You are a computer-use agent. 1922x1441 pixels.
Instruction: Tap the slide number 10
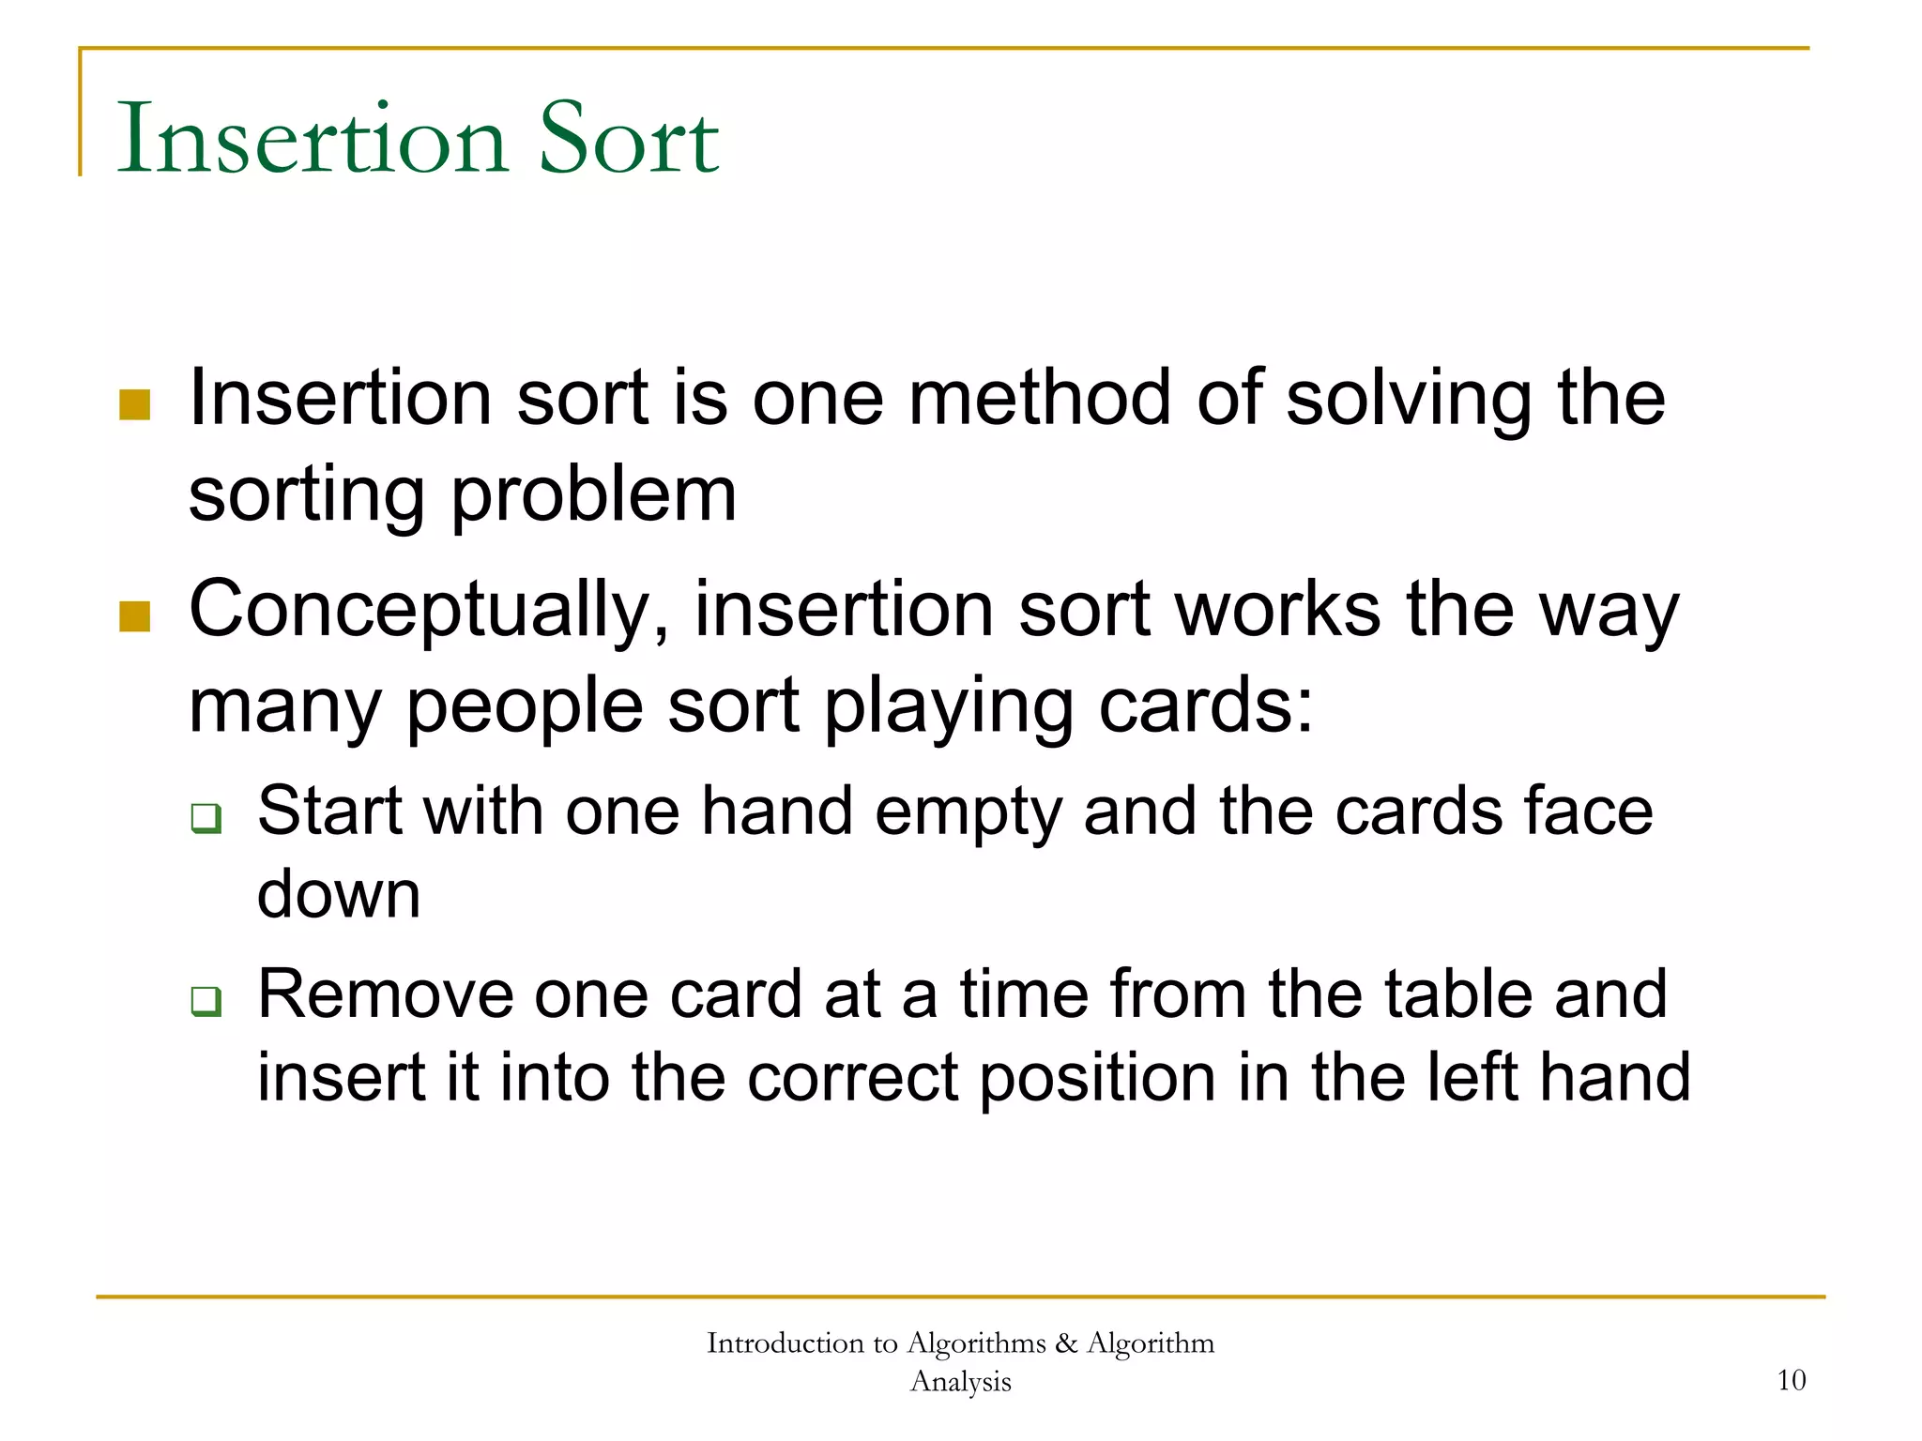pos(1791,1380)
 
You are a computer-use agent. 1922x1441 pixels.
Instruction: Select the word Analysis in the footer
pos(960,1381)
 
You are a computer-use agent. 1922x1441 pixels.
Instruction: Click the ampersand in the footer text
pos(1066,1343)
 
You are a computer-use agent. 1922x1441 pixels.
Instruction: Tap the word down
pos(339,893)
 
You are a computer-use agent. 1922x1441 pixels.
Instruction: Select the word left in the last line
pos(1472,1076)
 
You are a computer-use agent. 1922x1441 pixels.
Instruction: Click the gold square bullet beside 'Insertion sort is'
pos(135,405)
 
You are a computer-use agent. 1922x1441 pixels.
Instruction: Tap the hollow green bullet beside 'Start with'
pos(206,817)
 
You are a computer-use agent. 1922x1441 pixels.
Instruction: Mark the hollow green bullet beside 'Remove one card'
pos(206,1000)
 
